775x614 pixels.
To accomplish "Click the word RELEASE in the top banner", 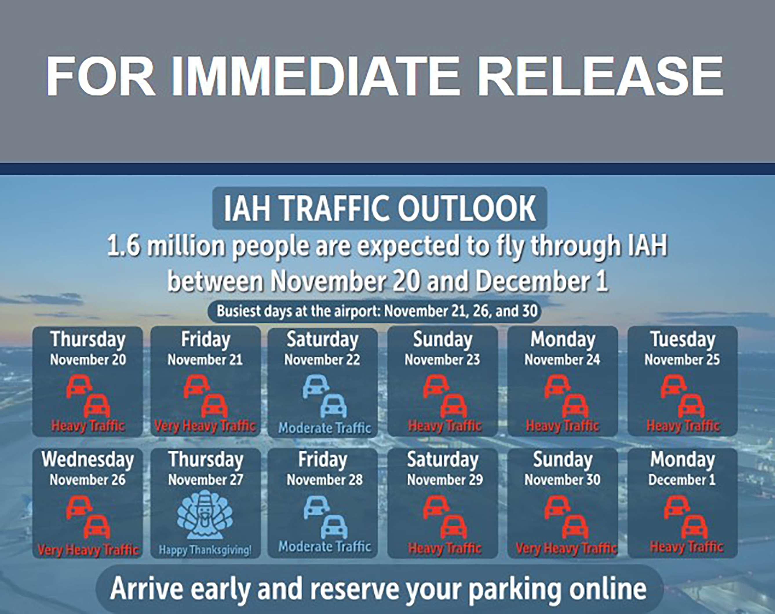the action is pos(600,76).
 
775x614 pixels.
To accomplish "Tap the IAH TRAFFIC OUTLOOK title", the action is pos(380,208).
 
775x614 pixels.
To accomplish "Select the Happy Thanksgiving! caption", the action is pos(205,550).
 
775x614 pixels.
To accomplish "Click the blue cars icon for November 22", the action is pos(324,397).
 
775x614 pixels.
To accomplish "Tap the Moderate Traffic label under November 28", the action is pos(324,547).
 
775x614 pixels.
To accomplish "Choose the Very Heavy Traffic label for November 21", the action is pos(205,426).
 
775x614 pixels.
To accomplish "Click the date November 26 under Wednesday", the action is pos(88,480).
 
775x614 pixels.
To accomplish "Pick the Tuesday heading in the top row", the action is pos(683,340).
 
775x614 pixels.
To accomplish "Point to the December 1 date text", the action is pos(682,480).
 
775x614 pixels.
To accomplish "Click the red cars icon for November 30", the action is pos(566,517).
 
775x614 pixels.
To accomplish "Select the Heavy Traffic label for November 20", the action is pos(88,426).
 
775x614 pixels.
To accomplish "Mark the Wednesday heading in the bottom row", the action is pos(88,460).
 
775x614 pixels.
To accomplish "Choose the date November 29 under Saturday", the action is pos(445,480).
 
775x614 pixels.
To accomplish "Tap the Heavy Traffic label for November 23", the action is pos(445,426).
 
